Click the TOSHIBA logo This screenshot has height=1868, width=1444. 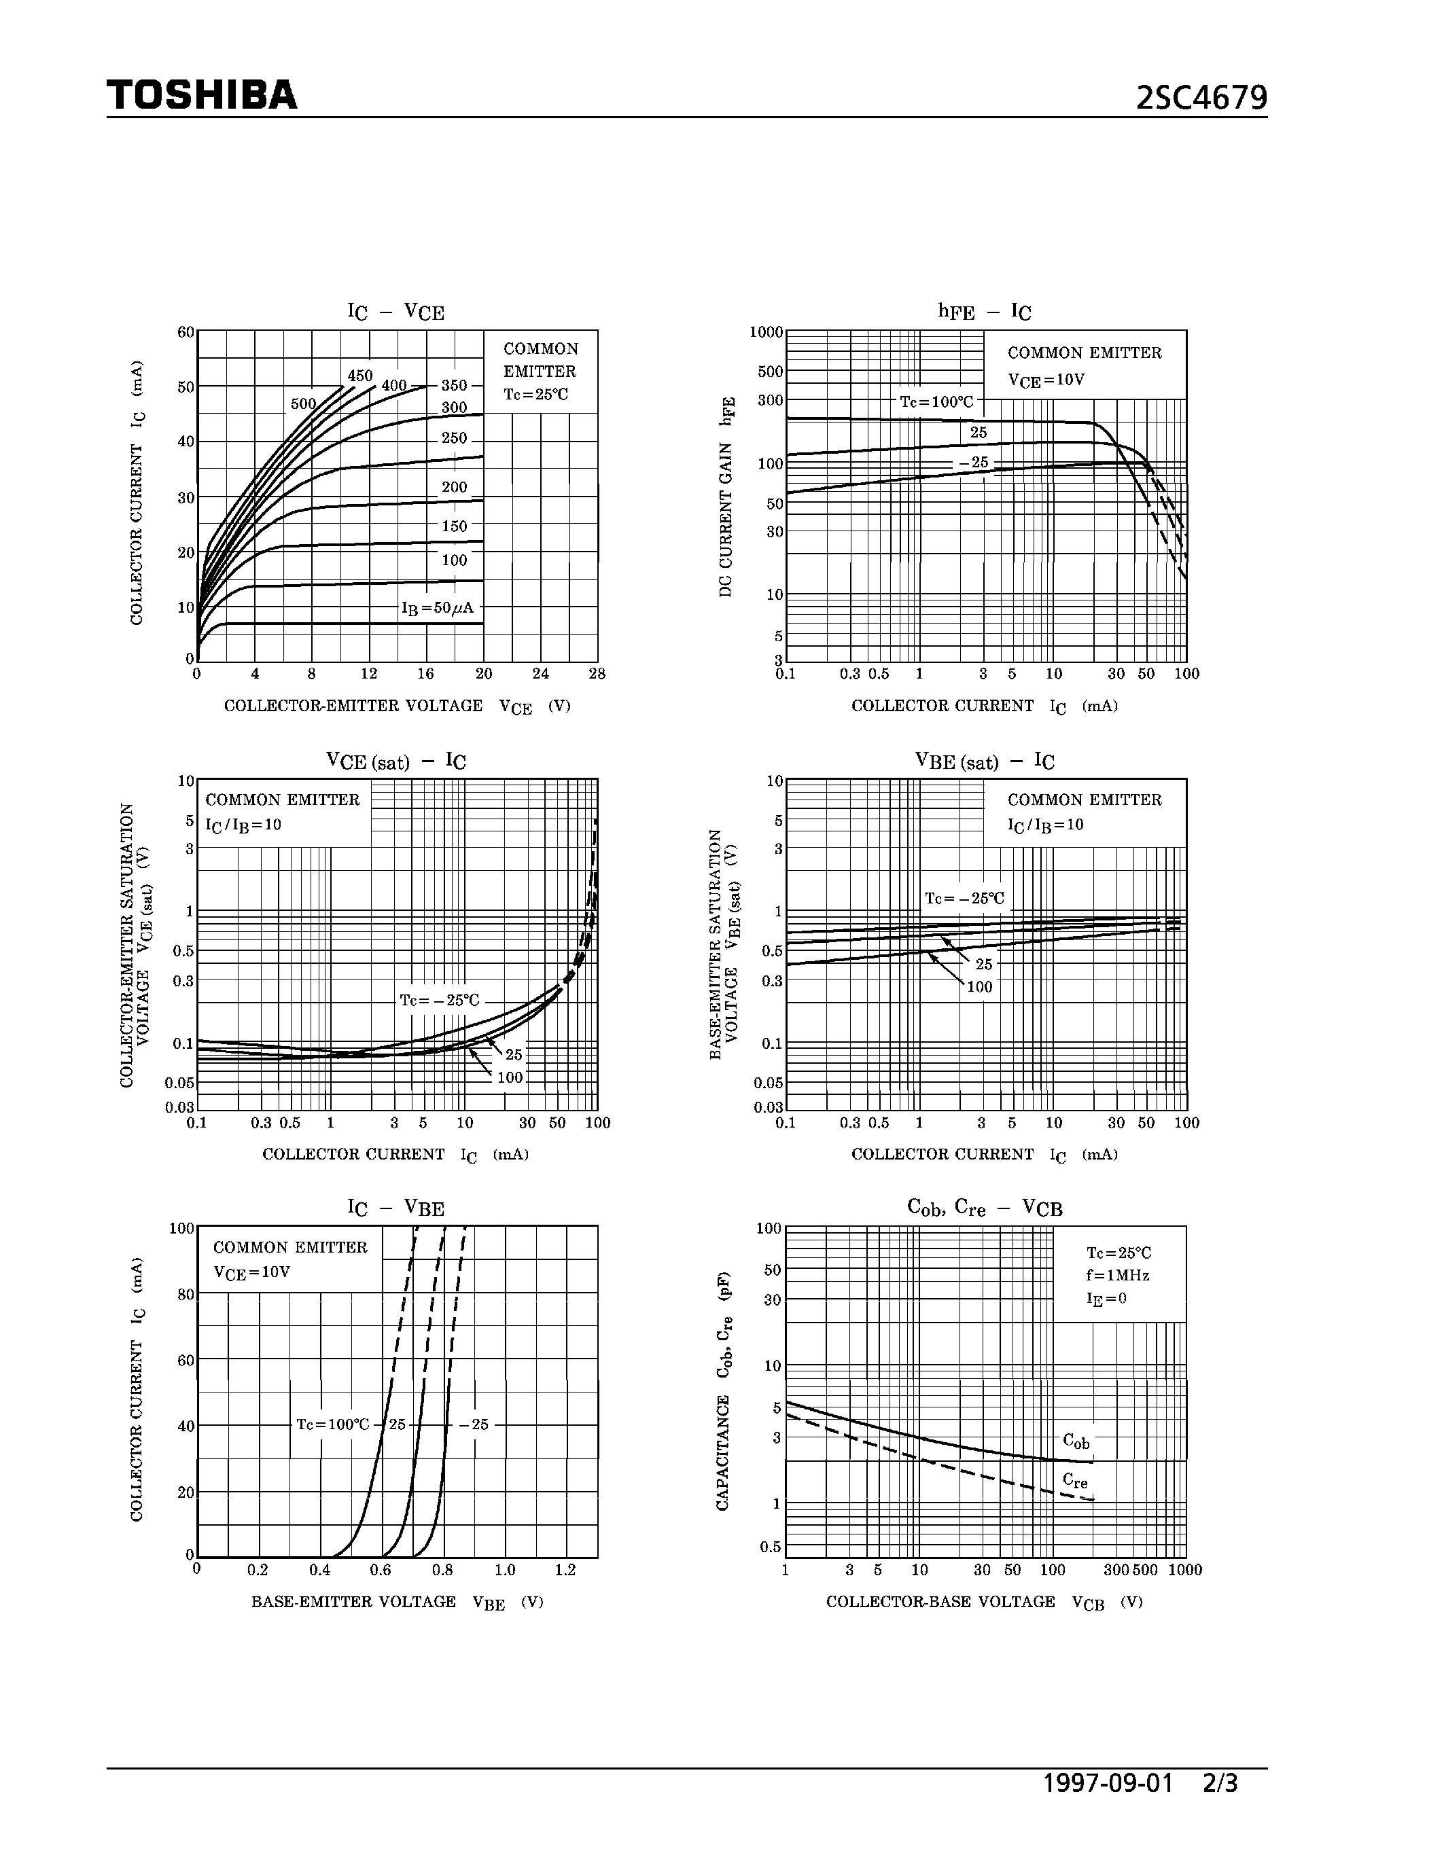[202, 95]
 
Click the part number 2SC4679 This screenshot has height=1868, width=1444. [1201, 98]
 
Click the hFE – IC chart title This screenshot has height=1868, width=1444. [985, 311]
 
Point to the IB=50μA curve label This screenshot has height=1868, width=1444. [437, 608]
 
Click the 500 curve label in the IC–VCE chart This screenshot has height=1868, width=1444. [303, 403]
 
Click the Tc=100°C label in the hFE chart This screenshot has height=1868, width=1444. [936, 401]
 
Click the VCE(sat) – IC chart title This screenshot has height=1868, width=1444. [395, 760]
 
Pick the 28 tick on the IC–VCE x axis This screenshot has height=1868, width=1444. [597, 673]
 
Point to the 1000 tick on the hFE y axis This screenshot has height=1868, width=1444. [767, 332]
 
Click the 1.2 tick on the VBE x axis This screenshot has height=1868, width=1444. [565, 1570]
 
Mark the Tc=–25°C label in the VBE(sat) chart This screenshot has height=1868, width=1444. [964, 898]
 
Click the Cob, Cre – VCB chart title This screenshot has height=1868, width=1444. [985, 1208]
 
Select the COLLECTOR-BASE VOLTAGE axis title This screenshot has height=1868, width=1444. [941, 1601]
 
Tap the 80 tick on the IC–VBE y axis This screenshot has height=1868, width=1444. [186, 1295]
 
